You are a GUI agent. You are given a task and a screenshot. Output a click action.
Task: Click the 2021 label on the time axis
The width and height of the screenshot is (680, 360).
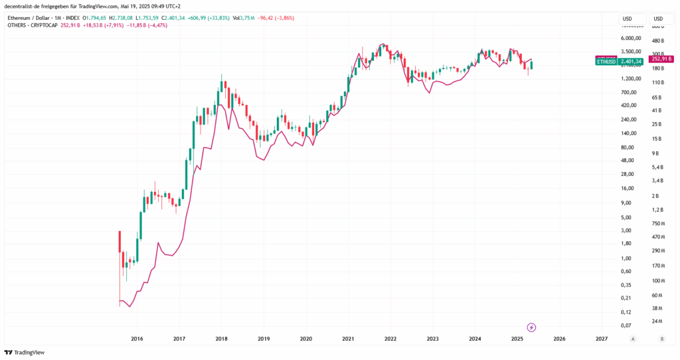[348, 339]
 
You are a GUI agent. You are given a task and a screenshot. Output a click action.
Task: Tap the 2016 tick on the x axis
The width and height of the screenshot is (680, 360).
[137, 339]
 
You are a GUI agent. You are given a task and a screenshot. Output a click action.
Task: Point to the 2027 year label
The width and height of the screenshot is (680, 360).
[602, 339]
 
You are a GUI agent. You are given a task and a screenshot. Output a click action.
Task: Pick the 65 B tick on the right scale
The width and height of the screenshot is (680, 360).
[657, 97]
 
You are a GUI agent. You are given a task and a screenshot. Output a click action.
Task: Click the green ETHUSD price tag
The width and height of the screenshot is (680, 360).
[606, 61]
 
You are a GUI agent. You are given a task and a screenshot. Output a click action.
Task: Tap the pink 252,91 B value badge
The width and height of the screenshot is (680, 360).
[661, 58]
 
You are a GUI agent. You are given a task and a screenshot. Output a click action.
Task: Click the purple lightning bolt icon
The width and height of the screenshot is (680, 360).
[531, 327]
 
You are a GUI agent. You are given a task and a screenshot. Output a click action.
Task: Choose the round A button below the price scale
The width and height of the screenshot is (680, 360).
[633, 339]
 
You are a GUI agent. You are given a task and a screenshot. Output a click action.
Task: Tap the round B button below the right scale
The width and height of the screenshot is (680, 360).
[661, 339]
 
